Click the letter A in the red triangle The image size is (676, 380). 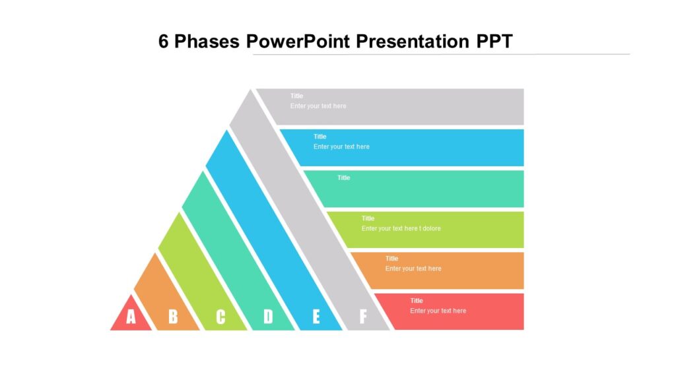[x=131, y=317]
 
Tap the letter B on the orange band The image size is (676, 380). [x=173, y=317]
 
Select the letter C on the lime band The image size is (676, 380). [x=220, y=317]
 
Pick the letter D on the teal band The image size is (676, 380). [x=268, y=317]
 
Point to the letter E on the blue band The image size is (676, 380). [x=316, y=317]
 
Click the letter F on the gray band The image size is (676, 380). [x=362, y=317]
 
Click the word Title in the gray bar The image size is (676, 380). [x=296, y=96]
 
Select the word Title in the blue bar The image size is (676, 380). [x=320, y=137]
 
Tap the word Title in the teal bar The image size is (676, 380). [x=344, y=177]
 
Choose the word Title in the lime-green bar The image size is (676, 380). [x=368, y=218]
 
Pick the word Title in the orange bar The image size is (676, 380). [x=391, y=259]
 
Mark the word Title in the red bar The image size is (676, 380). [x=417, y=301]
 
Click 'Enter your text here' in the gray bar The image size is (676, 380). [x=318, y=106]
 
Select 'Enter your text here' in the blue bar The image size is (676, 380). [x=341, y=147]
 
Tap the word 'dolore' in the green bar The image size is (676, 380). [x=431, y=229]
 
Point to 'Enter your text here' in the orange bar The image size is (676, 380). [x=413, y=269]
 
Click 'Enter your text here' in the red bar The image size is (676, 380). [x=438, y=311]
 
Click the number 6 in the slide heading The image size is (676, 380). [x=164, y=42]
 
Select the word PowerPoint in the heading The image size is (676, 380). [x=298, y=42]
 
